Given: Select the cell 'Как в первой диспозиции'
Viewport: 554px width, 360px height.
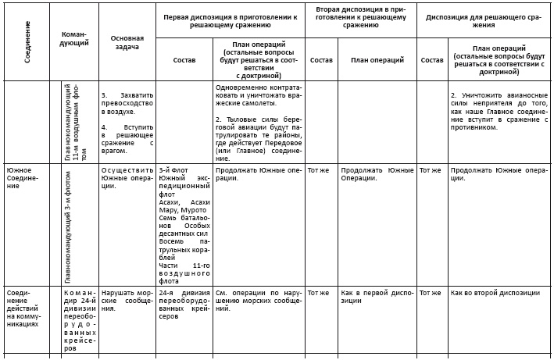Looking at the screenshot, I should [x=377, y=293].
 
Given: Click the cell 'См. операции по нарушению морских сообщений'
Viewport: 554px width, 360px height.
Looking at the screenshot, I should [x=258, y=298].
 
